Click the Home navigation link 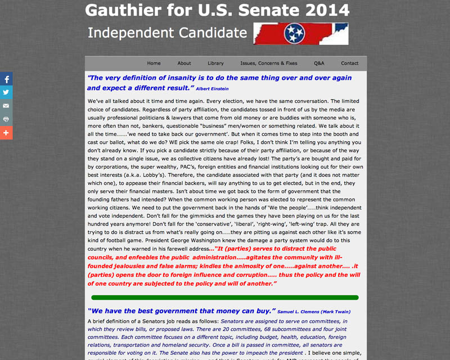coord(154,64)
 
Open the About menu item coord(184,64)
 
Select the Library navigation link coord(215,64)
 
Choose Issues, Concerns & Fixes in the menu coord(268,64)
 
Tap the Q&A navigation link coord(319,64)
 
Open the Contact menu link coord(349,64)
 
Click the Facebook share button coord(6,79)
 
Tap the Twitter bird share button coord(6,92)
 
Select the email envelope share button coord(6,106)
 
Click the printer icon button coord(6,119)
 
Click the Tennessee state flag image coord(300,34)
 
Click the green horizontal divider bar coord(224,298)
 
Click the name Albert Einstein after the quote coord(213,89)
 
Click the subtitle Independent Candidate coord(167,33)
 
